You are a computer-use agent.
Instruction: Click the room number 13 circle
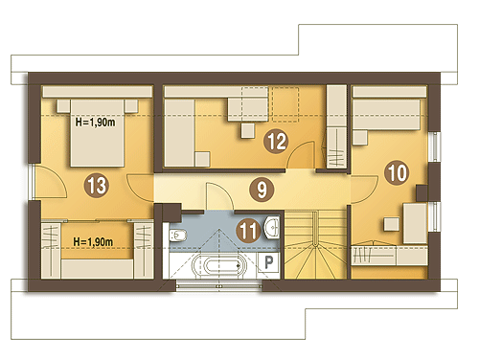(97, 185)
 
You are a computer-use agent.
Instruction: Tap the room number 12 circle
(276, 141)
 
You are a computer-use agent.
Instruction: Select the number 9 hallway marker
(262, 190)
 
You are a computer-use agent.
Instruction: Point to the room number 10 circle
(398, 173)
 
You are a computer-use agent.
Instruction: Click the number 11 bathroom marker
(248, 231)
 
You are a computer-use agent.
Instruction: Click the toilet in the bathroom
(177, 236)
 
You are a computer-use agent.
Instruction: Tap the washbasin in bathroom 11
(272, 227)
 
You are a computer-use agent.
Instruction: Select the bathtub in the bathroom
(219, 265)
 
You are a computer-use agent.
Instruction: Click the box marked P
(268, 262)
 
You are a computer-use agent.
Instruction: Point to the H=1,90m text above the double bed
(95, 122)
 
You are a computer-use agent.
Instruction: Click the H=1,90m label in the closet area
(93, 241)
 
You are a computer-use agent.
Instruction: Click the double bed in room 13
(97, 133)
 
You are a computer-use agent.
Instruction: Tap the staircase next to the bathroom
(315, 245)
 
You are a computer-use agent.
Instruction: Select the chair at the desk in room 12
(248, 130)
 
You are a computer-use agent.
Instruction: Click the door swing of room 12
(300, 155)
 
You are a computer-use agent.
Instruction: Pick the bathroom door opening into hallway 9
(218, 196)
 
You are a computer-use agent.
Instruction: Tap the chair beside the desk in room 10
(391, 224)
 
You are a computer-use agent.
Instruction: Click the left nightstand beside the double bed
(63, 105)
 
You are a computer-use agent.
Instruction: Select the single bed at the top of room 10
(386, 115)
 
